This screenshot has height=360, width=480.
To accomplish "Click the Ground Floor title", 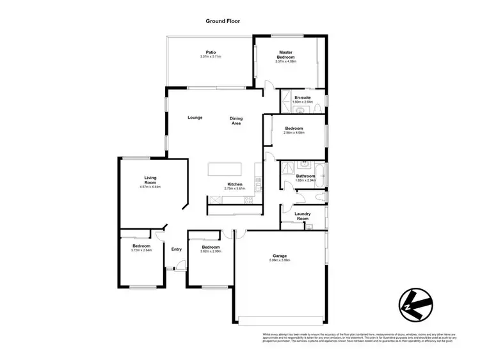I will click(223, 21).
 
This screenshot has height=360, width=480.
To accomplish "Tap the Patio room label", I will click(210, 52).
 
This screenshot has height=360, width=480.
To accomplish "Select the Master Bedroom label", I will click(285, 55).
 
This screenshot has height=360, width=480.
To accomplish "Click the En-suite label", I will click(303, 98).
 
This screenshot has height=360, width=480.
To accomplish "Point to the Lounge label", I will click(195, 118).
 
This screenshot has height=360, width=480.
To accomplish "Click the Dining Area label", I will click(236, 120).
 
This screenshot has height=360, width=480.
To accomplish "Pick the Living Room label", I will click(150, 180).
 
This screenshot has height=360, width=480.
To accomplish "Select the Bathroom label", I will click(305, 176).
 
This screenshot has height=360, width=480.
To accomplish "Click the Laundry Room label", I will click(303, 216).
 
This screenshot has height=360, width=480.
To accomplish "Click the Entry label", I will click(176, 249).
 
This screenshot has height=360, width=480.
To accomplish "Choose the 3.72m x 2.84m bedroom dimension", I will click(141, 251).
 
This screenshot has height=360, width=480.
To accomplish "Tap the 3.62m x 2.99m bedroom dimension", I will click(211, 251).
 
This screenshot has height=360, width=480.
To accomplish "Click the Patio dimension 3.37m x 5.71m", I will click(210, 57).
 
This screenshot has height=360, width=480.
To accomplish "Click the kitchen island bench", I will click(224, 170).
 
